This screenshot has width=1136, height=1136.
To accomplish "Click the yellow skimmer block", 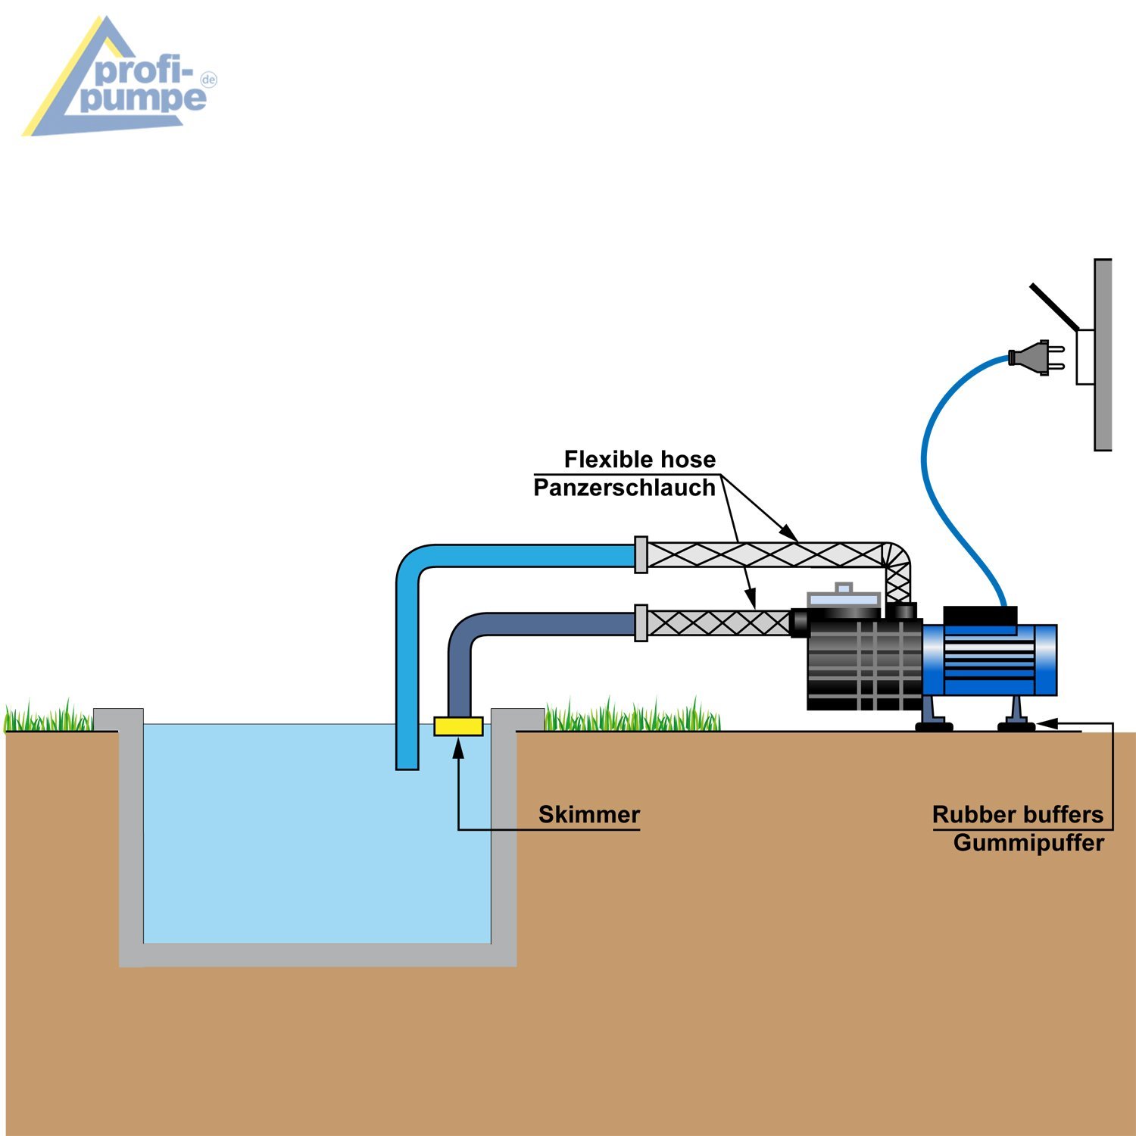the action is coord(458,726).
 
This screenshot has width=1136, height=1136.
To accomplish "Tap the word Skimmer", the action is coord(589,815).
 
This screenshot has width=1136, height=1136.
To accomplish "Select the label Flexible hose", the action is coord(640,460).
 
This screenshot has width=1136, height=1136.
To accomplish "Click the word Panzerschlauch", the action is coord(625,488).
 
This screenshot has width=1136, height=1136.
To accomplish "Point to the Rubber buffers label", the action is coord(1018,815).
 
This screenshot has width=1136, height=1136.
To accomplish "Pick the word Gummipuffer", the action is coord(1028,843).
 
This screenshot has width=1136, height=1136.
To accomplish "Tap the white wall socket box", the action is coord(1085,357).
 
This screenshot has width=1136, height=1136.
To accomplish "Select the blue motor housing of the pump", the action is coord(988,660).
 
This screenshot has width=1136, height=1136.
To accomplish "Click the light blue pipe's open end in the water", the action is coord(407,766).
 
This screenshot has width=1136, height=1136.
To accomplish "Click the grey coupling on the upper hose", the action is coord(641,555).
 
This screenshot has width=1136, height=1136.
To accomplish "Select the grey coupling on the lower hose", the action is coord(641,623).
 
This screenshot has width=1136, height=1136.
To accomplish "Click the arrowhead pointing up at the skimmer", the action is coord(458,747).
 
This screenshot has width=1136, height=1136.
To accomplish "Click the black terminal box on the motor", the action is coord(980,616).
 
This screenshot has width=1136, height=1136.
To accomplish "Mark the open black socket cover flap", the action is coord(1054,307).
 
